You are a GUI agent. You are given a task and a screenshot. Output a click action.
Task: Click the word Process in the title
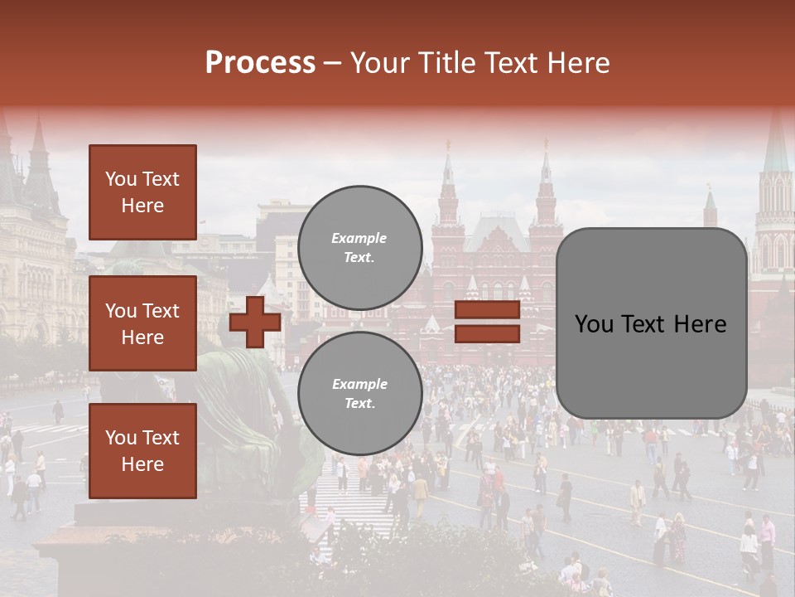[x=260, y=63]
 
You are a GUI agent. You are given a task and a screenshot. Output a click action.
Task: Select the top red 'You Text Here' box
[x=142, y=192]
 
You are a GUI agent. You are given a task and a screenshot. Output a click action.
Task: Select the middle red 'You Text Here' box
[x=142, y=323]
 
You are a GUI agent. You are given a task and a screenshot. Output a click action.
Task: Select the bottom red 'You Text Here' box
[x=142, y=450]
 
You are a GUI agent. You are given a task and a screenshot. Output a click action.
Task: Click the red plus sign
[x=255, y=322]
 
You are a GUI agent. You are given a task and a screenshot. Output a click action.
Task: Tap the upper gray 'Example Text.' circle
[x=359, y=248]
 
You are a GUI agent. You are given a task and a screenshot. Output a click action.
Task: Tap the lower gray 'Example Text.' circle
[x=359, y=394]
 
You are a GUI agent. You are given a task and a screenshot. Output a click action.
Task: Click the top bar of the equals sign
[x=487, y=310]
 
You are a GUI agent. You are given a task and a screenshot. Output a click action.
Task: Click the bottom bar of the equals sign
[x=487, y=333]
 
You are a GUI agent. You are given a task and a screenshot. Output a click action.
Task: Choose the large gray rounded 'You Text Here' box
[x=651, y=323]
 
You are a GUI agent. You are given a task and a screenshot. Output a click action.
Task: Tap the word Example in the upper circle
[x=359, y=238]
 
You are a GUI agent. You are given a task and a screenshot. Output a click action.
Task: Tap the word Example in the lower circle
[x=359, y=384]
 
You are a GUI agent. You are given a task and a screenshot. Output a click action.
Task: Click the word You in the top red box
[x=120, y=179]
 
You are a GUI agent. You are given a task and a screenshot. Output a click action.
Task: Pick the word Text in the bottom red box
[x=160, y=437]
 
